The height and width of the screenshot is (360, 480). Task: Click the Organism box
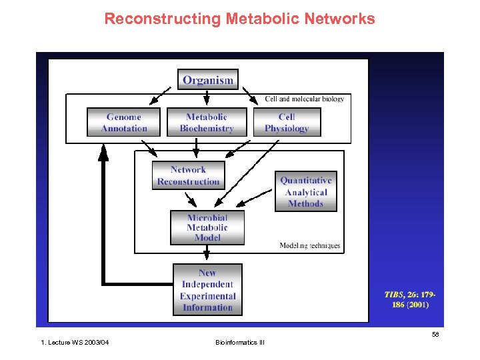coord(208,80)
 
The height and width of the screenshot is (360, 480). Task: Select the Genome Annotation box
coord(124,122)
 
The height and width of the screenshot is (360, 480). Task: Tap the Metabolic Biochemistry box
coord(207,122)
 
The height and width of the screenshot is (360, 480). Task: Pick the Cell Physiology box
coord(287,122)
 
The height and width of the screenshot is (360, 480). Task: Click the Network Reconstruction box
coord(188,175)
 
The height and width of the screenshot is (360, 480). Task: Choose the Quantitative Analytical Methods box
coord(305,192)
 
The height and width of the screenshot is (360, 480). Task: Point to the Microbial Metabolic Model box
coord(207,228)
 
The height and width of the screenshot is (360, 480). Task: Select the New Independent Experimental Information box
coord(207,290)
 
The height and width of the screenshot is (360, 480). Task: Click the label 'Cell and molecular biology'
coord(305,99)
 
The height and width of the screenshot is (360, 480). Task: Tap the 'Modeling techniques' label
coord(309,246)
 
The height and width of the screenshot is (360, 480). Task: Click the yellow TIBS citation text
coord(407,299)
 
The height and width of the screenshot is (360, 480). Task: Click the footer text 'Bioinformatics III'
coord(239,343)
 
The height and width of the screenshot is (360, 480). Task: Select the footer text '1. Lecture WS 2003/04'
coord(75,343)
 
